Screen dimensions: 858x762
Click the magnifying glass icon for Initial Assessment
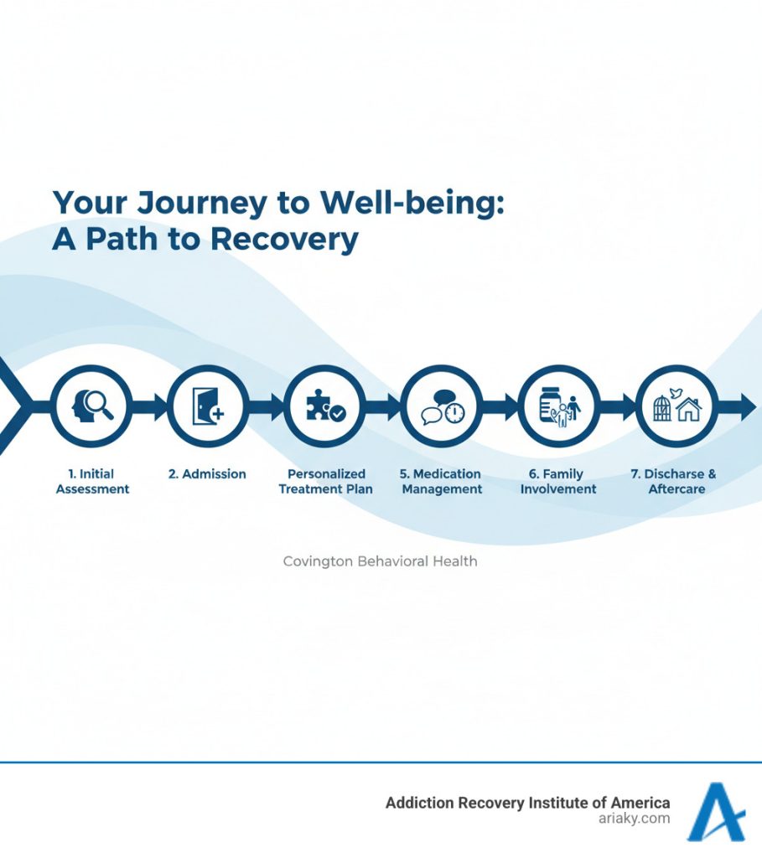point(91,406)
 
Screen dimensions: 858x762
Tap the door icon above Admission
point(207,406)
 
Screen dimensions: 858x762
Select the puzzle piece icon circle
point(324,406)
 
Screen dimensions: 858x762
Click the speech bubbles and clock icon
point(442,406)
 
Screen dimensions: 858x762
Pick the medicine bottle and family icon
point(559,406)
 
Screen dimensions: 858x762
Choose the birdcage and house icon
point(676,406)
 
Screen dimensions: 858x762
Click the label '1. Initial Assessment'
point(92,481)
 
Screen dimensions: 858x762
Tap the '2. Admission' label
point(207,474)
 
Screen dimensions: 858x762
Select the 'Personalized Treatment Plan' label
point(326,481)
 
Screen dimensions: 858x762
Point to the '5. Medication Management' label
point(442,481)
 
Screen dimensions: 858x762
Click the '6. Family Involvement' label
point(558,481)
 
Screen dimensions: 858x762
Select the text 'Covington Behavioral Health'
point(380,561)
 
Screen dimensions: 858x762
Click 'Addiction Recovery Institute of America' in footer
point(527,803)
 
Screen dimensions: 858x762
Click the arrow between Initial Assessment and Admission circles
point(151,407)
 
